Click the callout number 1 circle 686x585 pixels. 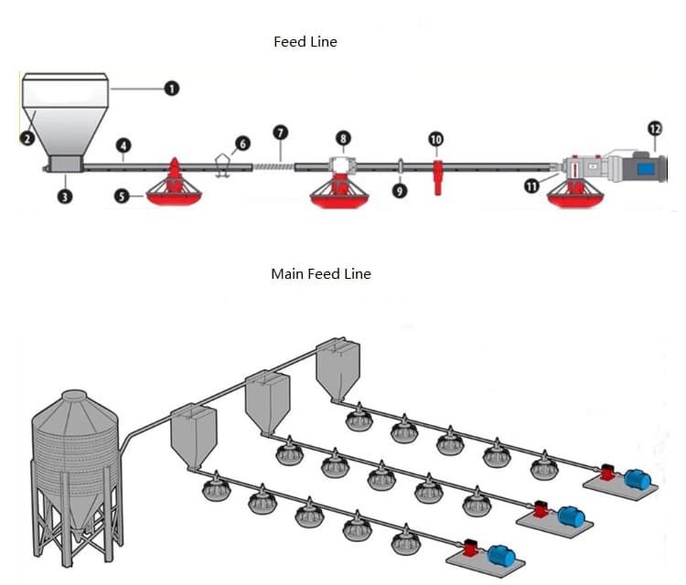coord(171,89)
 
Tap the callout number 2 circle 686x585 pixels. coord(27,139)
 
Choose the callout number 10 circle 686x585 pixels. coord(435,139)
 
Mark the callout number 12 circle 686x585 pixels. coord(655,129)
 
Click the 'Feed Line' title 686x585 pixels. coord(305,42)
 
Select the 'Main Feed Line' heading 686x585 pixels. coord(320,273)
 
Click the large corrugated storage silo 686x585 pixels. coord(76,466)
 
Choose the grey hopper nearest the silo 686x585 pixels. coord(193,436)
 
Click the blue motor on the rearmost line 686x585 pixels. coord(637,479)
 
